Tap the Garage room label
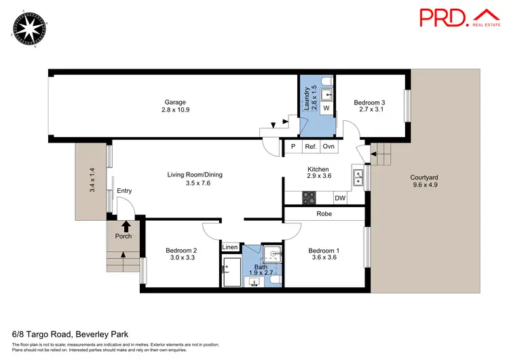[x=176, y=103]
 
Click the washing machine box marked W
[x=326, y=108]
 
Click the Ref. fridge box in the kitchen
[x=311, y=147]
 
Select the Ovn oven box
[x=328, y=147]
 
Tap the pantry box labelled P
[x=293, y=147]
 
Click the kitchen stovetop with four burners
[x=309, y=198]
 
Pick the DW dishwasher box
[x=340, y=198]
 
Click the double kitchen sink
[x=358, y=178]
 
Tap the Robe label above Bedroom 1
[x=324, y=213]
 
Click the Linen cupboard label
[x=230, y=247]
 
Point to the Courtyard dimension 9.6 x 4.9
[x=425, y=184]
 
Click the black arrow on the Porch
[x=125, y=226]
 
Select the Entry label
[x=124, y=191]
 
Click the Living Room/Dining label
[x=195, y=175]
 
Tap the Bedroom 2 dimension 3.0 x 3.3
[x=181, y=258]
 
